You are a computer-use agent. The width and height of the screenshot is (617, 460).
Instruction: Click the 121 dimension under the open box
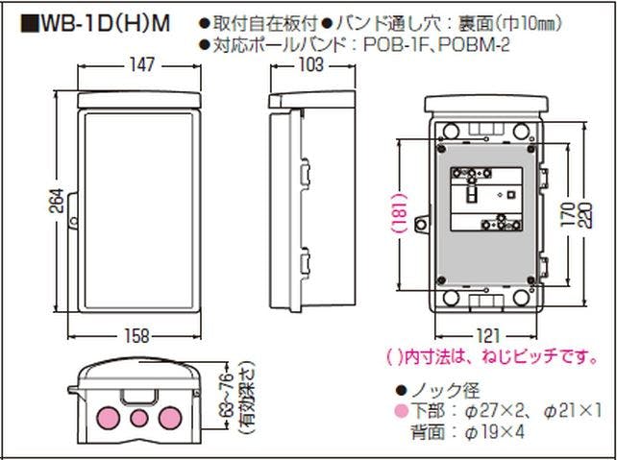pos(487,337)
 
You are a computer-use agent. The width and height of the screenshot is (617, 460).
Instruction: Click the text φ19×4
pos(493,431)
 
